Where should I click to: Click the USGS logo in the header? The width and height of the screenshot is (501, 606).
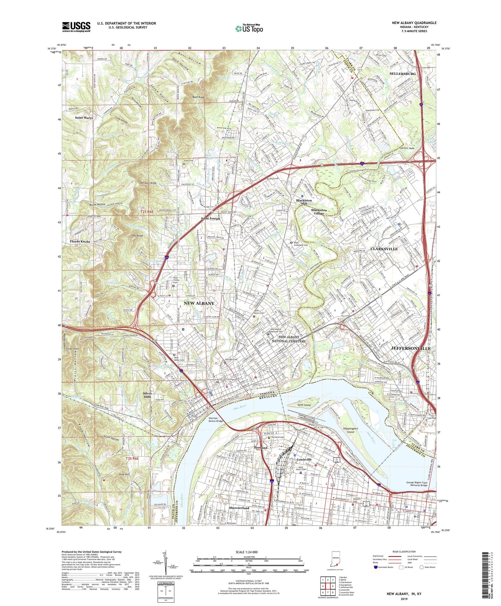tap(76, 27)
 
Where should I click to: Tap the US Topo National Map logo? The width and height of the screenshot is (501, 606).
tap(248, 28)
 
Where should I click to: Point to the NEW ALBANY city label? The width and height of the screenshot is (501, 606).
tap(199, 303)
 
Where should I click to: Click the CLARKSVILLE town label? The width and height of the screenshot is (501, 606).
tap(384, 249)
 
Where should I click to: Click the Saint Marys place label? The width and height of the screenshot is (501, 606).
tap(84, 118)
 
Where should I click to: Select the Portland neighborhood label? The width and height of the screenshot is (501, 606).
tap(261, 448)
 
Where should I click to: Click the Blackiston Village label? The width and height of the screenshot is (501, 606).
tap(319, 212)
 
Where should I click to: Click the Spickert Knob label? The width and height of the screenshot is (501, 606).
tap(149, 183)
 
